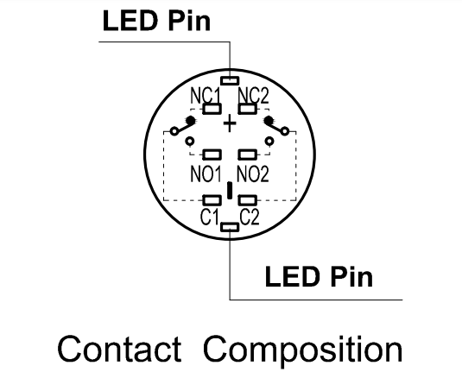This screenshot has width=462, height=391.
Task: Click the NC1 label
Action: click(x=206, y=96)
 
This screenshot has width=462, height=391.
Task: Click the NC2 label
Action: click(x=253, y=96)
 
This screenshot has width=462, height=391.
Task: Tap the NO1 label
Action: click(x=206, y=174)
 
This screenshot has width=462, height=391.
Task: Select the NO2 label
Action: click(x=253, y=174)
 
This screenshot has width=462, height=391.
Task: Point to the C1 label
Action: click(x=210, y=217)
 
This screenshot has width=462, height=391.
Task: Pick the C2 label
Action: click(x=250, y=217)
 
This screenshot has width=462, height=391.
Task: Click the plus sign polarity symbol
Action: click(x=230, y=123)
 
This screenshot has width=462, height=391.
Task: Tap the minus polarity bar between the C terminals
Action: click(x=230, y=190)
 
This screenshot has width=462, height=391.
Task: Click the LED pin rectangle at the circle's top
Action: click(x=230, y=80)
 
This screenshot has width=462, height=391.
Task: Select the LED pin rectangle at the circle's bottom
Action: click(x=230, y=227)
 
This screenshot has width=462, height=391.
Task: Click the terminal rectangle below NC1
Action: click(x=212, y=109)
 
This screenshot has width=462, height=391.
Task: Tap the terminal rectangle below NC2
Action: click(x=247, y=109)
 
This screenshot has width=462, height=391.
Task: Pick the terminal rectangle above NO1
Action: click(x=212, y=155)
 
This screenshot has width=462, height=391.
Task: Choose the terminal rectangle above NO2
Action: click(x=247, y=155)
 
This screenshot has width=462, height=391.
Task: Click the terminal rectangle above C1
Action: click(x=212, y=200)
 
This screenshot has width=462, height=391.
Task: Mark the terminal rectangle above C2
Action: click(x=247, y=200)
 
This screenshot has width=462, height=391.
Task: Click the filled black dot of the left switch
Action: click(x=190, y=120)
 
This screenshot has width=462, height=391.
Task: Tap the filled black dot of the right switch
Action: click(x=269, y=120)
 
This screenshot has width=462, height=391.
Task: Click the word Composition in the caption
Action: click(x=302, y=350)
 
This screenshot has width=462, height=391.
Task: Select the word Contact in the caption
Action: click(x=119, y=350)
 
